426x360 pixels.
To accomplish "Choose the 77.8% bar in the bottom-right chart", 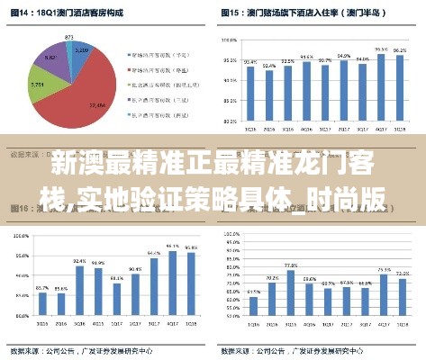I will pyautogui.click(x=290, y=297).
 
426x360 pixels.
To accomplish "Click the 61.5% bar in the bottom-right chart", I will pyautogui.click(x=252, y=310).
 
